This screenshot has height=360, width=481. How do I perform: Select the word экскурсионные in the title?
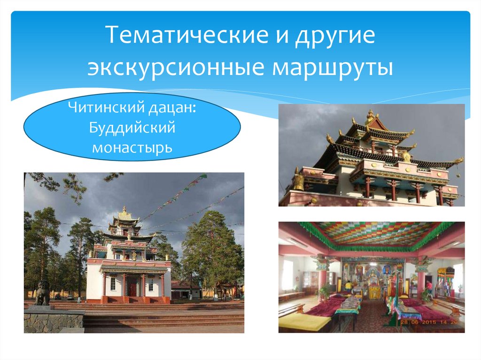[168, 67]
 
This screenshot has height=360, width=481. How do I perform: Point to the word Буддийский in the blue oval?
[132, 128]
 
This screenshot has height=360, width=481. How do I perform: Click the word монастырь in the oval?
[132, 147]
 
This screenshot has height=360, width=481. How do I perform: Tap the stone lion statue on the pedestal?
[43, 293]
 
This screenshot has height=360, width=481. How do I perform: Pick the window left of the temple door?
[113, 283]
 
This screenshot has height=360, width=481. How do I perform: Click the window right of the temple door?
[150, 284]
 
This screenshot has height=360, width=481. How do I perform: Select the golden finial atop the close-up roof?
[371, 115]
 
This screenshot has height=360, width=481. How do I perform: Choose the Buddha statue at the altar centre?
[374, 282]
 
